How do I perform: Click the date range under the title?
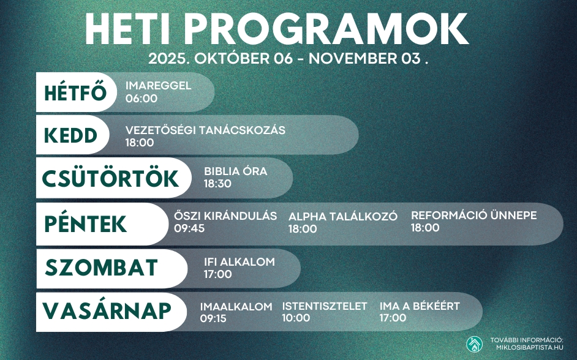[288, 59]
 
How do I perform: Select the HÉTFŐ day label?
[76, 93]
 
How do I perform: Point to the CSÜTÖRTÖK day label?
[110, 178]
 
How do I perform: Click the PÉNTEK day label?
[86, 223]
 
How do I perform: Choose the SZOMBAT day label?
[102, 268]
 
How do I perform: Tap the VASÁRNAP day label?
[107, 310]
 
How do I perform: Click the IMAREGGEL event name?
[158, 86]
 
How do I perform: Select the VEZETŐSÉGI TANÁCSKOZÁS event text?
[205, 130]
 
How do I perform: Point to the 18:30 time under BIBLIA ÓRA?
[217, 183]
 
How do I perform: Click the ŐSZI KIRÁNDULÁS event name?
[225, 216]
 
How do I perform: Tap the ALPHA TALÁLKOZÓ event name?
[343, 217]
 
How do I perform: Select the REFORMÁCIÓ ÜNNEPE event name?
[473, 216]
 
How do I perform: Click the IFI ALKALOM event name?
[239, 262]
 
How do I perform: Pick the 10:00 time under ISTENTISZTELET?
[296, 318]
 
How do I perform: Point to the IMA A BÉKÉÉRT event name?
[420, 306]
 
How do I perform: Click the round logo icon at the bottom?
[474, 344]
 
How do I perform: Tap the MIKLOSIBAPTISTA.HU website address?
[529, 348]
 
